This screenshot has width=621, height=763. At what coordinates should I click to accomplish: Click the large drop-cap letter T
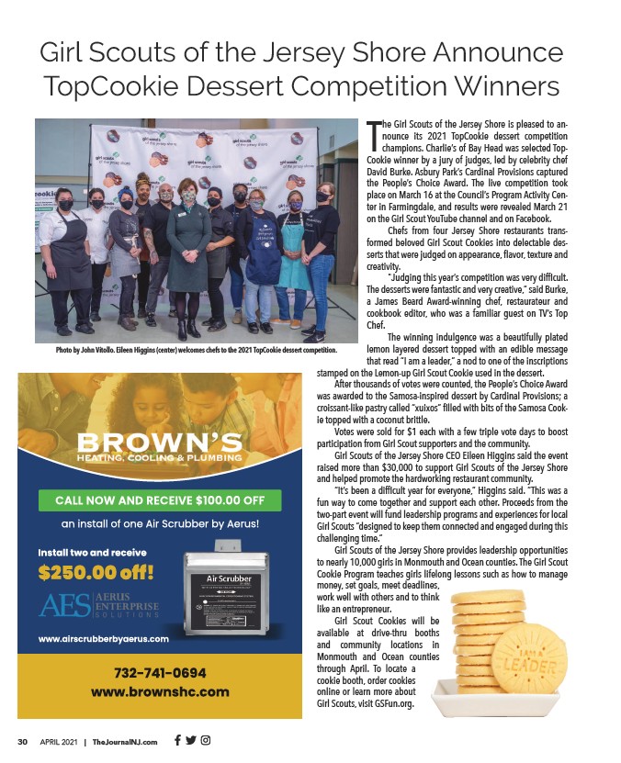(x=373, y=135)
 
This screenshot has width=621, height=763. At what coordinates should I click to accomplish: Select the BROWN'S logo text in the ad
(x=160, y=439)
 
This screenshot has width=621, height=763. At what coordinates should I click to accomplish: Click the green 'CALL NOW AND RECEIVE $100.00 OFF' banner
(x=160, y=500)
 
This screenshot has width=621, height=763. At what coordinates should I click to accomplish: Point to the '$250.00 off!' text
(x=96, y=574)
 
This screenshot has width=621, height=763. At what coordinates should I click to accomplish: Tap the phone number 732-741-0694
(x=160, y=672)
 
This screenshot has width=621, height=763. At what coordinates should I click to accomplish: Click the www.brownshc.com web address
(x=160, y=690)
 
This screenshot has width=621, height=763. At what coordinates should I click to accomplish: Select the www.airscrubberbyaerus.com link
(x=103, y=638)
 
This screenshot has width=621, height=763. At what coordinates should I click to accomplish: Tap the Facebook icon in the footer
(x=177, y=741)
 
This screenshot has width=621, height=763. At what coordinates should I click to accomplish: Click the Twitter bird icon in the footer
(x=191, y=741)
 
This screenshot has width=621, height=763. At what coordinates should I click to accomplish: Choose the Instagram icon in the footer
(x=206, y=741)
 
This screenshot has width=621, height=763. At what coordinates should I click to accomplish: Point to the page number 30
(x=23, y=742)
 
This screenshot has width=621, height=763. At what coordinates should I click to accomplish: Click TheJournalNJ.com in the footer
(x=125, y=742)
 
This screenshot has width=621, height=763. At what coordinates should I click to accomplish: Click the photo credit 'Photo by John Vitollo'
(x=72, y=350)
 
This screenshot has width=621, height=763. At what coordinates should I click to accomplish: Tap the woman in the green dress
(x=188, y=248)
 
